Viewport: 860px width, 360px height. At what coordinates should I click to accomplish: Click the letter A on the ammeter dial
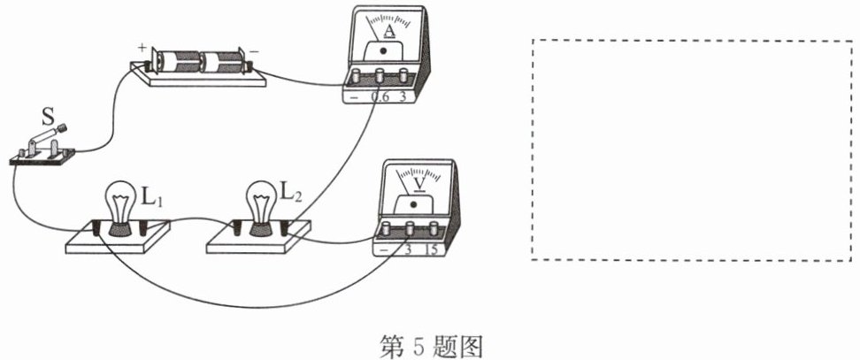click(390, 32)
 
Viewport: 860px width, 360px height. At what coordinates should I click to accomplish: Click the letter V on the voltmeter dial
click(420, 185)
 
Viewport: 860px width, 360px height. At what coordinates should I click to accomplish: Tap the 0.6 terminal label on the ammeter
click(380, 96)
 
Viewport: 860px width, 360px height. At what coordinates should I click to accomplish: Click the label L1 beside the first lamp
click(153, 198)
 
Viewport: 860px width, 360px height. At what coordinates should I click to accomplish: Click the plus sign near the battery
click(142, 47)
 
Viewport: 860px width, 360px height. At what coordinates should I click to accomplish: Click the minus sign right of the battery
click(255, 50)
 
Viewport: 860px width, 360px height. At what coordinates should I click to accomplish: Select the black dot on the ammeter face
click(383, 51)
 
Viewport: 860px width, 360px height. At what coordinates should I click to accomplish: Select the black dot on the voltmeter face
click(413, 204)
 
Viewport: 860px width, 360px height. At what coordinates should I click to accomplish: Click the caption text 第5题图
click(431, 347)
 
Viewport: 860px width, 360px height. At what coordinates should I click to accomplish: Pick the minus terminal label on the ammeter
click(354, 97)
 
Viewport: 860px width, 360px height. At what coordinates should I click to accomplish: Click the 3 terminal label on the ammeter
click(403, 96)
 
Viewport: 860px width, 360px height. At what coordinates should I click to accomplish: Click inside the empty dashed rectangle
click(692, 150)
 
